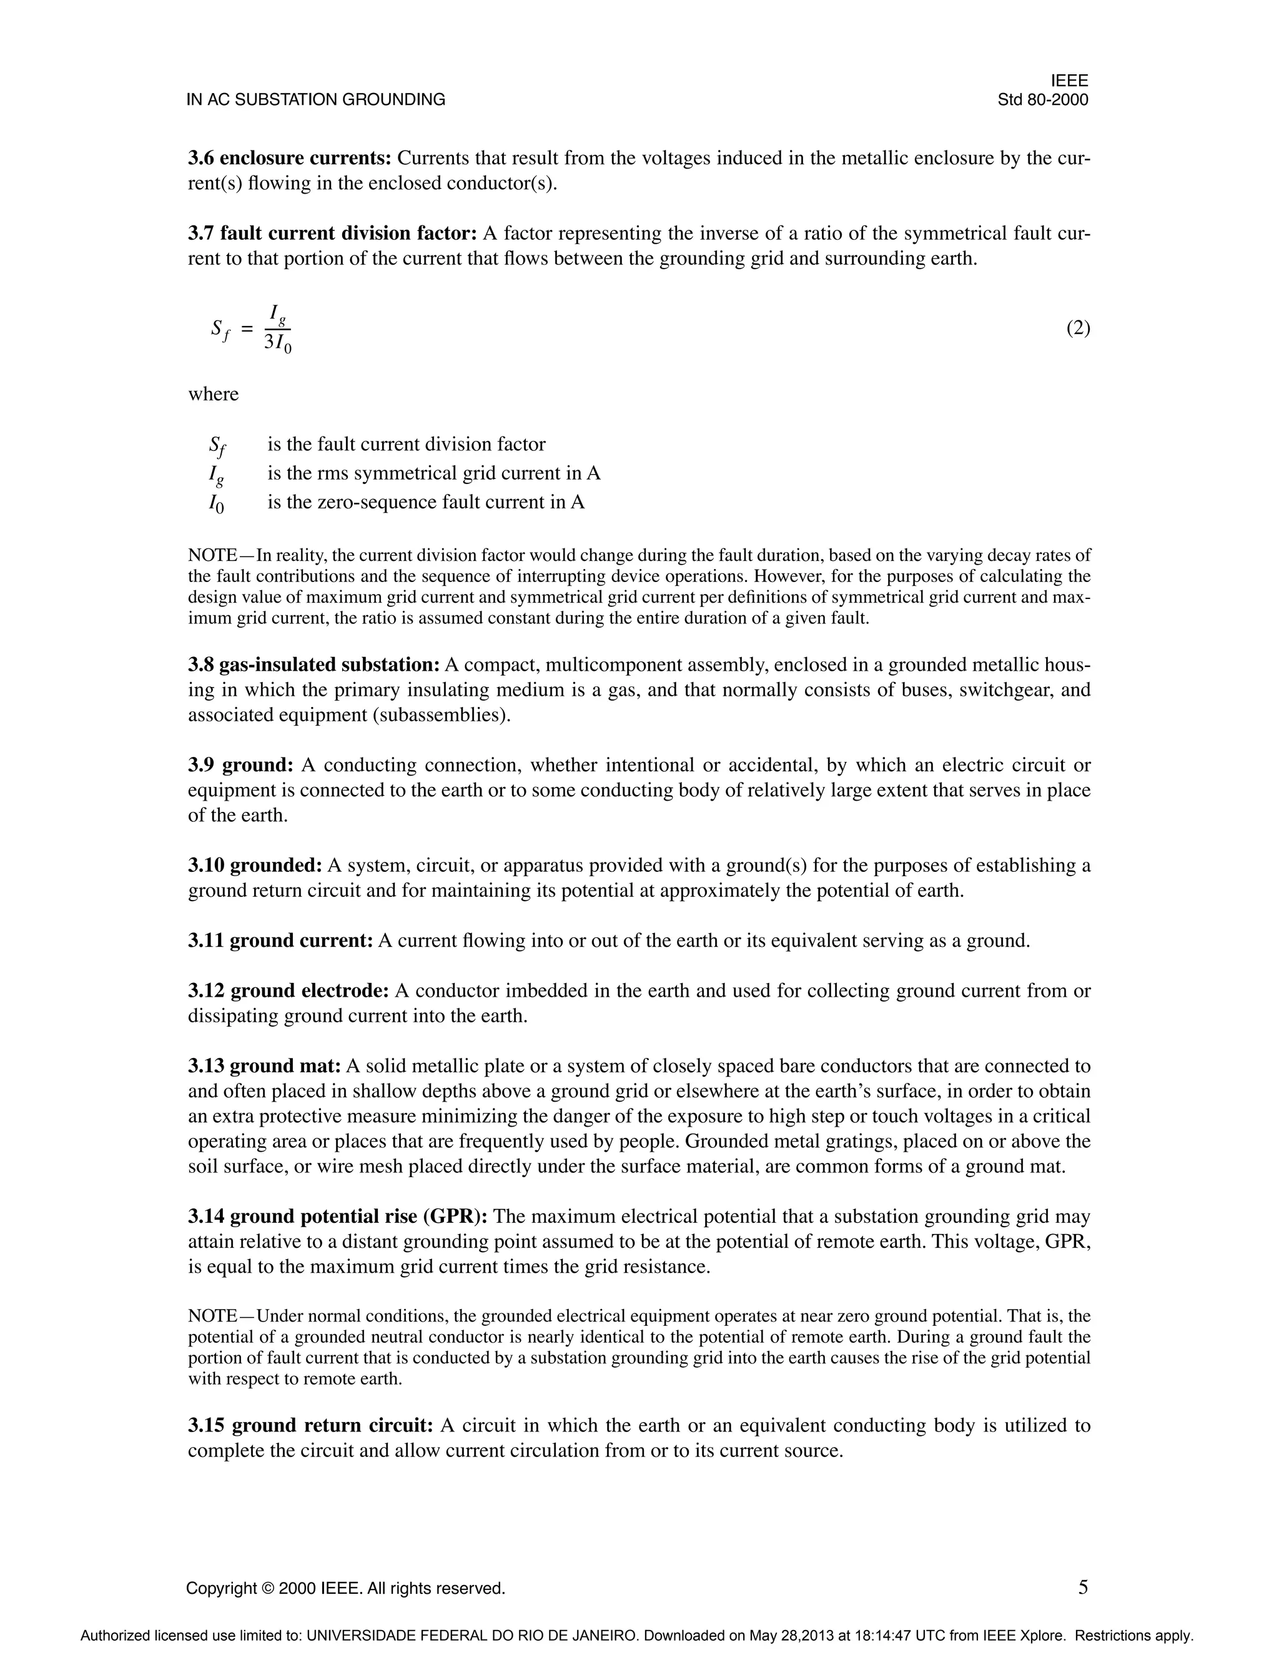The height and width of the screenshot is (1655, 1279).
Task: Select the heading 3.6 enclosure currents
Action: [x=289, y=159]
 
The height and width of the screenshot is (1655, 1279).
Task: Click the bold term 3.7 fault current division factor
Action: [x=332, y=234]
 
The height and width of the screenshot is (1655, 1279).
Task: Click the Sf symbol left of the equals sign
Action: [x=219, y=329]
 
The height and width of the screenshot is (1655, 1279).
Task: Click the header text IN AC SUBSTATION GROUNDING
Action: [x=315, y=99]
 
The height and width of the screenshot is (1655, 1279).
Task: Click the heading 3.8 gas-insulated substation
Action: [x=314, y=664]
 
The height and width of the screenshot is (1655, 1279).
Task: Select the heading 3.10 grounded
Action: [x=255, y=866]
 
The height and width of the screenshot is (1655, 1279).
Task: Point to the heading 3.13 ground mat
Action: [x=264, y=1066]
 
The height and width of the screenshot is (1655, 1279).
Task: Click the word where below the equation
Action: [x=213, y=394]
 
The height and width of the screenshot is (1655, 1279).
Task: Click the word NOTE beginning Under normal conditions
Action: [x=213, y=1317]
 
